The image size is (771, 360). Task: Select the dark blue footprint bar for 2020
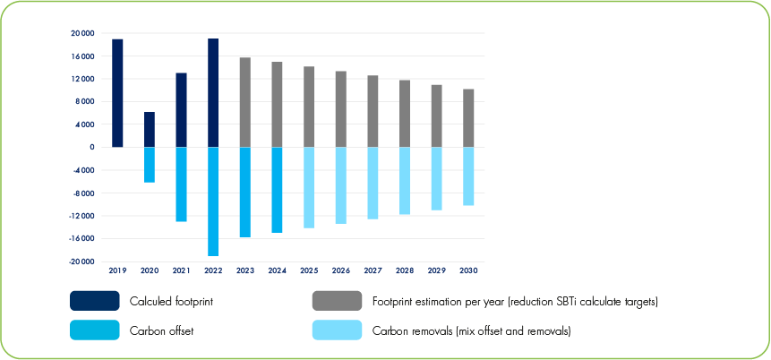[x=150, y=130]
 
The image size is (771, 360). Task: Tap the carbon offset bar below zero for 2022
[x=213, y=201]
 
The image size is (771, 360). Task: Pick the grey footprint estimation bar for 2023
[x=245, y=102]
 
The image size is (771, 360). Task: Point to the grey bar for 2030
[x=468, y=118]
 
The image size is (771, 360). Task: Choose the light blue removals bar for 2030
[x=468, y=176]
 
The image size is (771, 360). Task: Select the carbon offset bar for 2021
[x=181, y=184]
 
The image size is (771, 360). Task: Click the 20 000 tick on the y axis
[x=81, y=33]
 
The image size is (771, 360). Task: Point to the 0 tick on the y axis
[x=91, y=147]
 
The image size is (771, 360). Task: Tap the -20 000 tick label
[x=81, y=261]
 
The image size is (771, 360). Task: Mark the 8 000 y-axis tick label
[x=84, y=101]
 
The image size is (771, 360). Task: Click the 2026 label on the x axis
[x=341, y=270]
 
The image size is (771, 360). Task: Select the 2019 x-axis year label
[x=117, y=270]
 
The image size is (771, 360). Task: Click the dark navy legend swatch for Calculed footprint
[x=94, y=301]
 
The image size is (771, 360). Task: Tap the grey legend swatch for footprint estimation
[x=337, y=301]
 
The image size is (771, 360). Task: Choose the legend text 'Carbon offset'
[x=162, y=330]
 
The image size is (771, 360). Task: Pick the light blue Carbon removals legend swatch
[x=337, y=330]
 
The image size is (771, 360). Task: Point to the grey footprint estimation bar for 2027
[x=373, y=111]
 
